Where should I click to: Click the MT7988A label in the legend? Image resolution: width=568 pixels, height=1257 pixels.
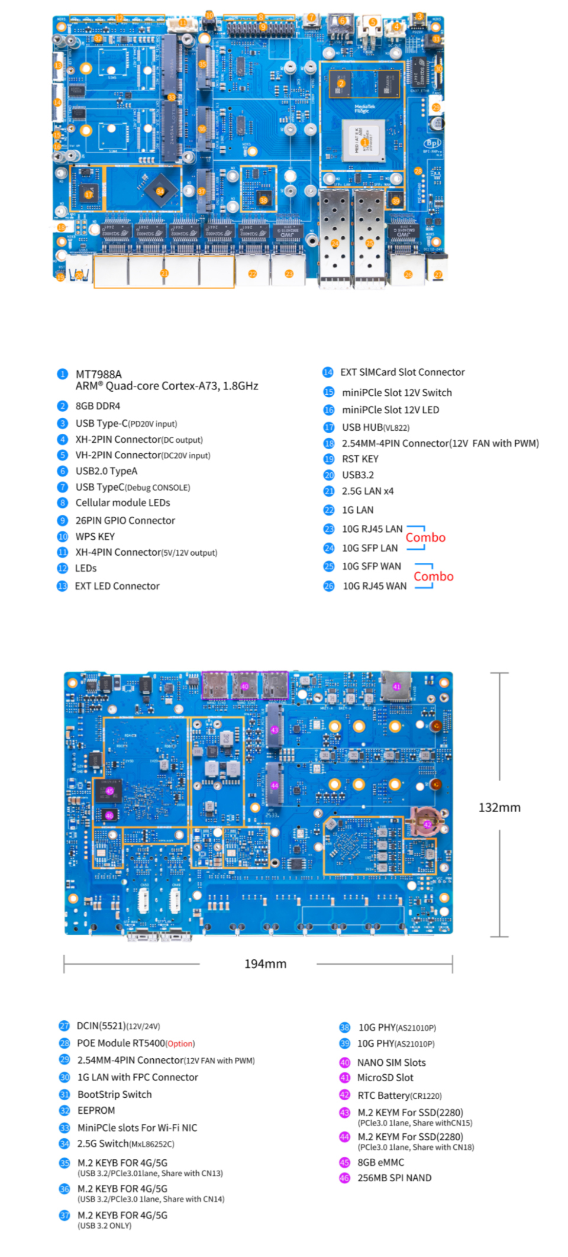coord(98,374)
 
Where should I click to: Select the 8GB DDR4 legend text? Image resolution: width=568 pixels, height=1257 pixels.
coord(98,406)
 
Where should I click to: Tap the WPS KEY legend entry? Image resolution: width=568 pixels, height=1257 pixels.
coord(95,537)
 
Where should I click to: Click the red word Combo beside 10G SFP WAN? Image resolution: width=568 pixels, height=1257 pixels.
coord(433,576)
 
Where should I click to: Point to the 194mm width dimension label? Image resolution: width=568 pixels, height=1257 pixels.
coord(265,964)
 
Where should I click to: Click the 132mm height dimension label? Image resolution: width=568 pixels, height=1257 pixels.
coord(499,808)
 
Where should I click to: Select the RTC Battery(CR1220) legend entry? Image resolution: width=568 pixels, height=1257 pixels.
coord(399,1095)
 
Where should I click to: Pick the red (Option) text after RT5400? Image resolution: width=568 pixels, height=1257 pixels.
coord(180,1044)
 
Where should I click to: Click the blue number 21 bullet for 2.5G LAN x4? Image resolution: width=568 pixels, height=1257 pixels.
coord(329,491)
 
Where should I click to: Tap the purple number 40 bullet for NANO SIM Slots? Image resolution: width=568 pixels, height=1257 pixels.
coord(344,1063)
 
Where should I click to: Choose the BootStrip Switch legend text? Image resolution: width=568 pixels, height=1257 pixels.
coord(114,1094)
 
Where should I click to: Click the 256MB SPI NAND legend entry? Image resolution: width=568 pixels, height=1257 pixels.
coord(394,1178)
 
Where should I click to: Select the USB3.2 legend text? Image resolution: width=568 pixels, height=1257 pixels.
coord(357,475)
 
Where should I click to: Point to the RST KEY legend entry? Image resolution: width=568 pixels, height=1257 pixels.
coord(360,459)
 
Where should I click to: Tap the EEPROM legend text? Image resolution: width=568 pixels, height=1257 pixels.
coord(96,1111)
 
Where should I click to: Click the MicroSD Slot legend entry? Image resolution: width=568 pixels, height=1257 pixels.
coord(385,1078)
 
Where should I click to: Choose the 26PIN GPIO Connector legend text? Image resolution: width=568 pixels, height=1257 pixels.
coord(125,521)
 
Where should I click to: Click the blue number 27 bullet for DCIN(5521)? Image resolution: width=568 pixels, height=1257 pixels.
coord(64,1026)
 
